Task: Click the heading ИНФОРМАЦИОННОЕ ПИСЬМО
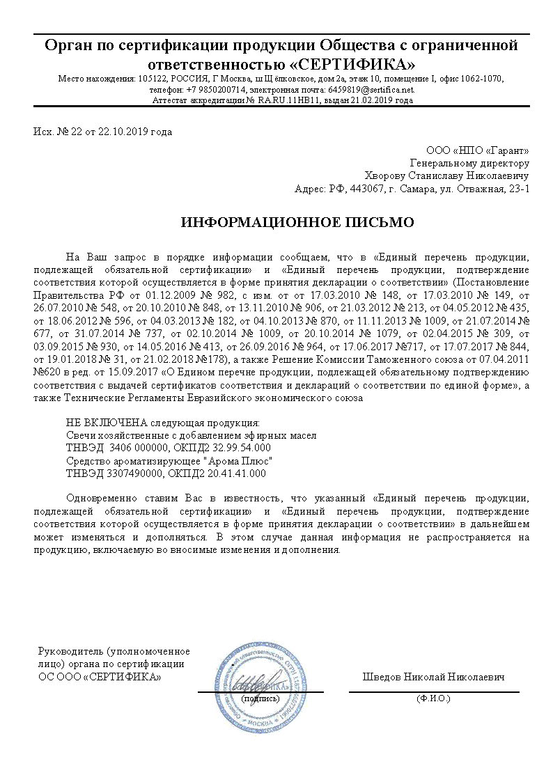click(297, 223)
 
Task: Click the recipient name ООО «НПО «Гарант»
click(477, 150)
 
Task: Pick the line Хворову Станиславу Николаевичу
click(447, 175)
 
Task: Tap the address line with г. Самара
click(412, 188)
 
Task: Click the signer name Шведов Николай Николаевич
click(433, 677)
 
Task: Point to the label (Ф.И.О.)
click(433, 698)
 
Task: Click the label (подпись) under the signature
click(260, 698)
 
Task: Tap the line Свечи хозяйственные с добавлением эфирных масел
click(192, 435)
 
